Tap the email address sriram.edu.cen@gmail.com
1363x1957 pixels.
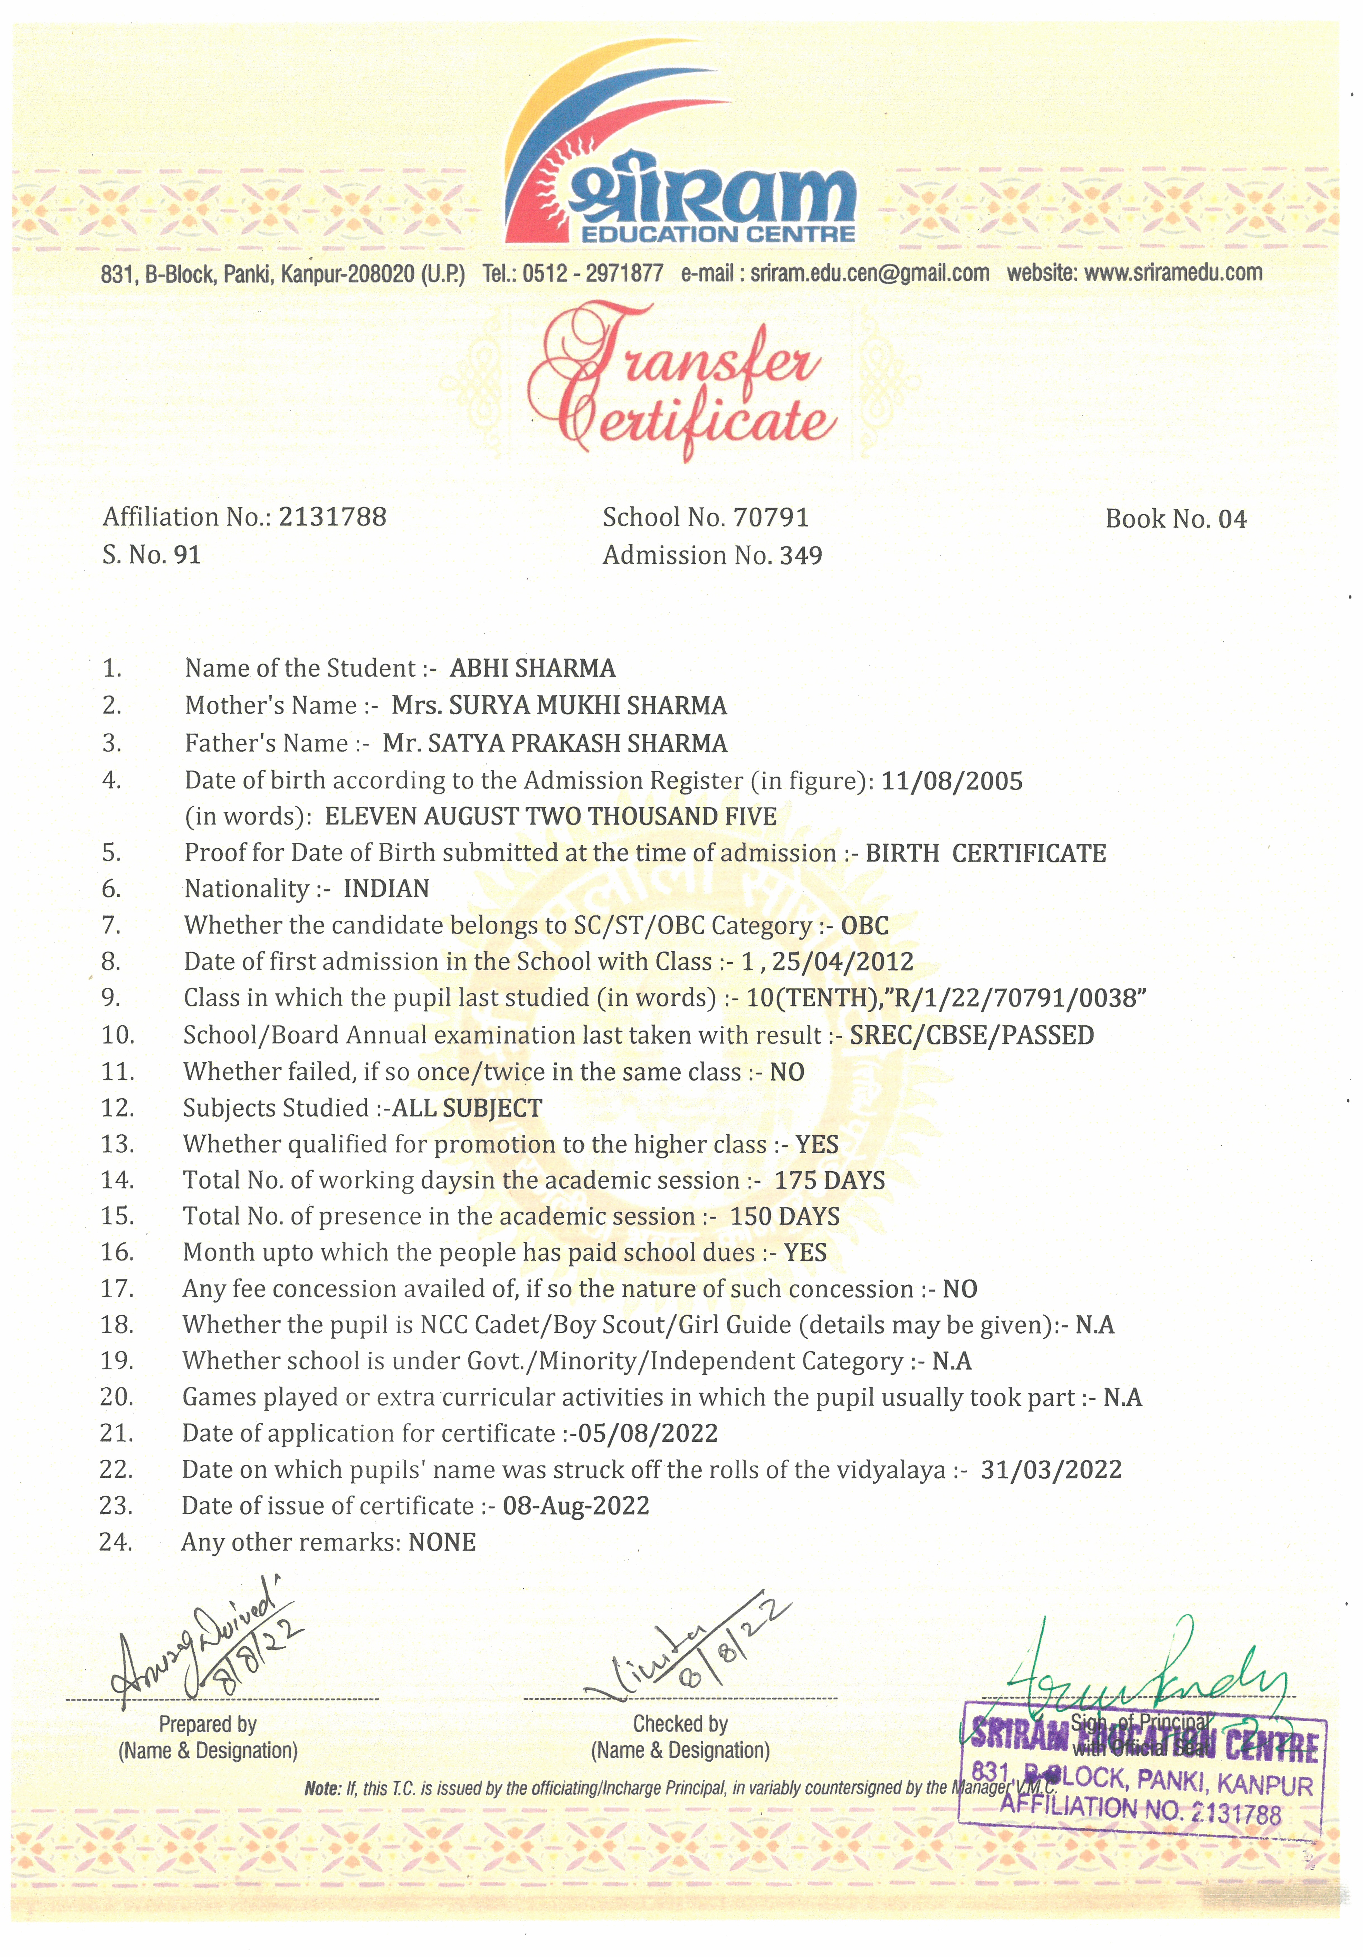click(869, 273)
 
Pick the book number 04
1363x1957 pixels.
click(1232, 519)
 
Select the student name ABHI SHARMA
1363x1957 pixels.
click(532, 668)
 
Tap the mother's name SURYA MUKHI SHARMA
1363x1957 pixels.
click(587, 706)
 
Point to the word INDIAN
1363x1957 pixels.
click(386, 889)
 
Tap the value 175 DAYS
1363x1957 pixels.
click(830, 1180)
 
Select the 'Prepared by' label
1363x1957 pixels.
click(207, 1724)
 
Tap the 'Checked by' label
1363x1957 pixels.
click(679, 1723)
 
